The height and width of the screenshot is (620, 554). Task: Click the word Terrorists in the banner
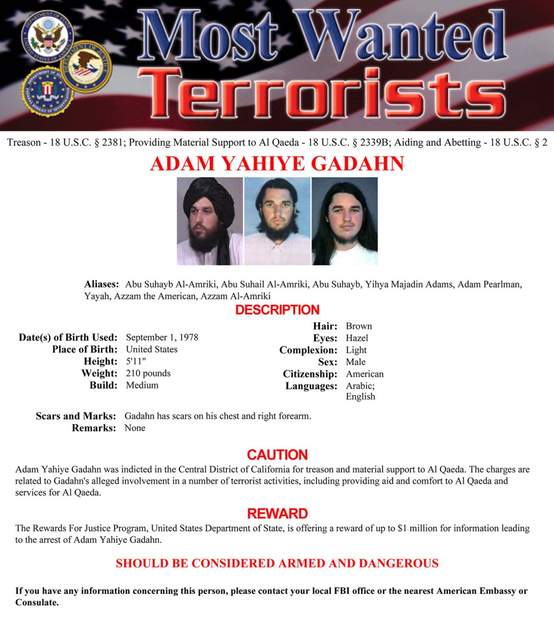[x=327, y=95]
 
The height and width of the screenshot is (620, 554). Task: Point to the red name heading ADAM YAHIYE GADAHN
[x=277, y=164]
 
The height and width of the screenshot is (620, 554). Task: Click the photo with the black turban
[x=210, y=221]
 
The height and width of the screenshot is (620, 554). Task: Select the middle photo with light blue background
[x=277, y=221]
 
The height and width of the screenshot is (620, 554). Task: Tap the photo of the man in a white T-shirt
[x=344, y=221]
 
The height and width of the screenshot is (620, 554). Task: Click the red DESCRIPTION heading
[x=277, y=310]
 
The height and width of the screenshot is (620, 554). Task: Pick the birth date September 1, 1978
[x=162, y=338]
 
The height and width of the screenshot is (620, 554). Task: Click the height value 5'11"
[x=135, y=362]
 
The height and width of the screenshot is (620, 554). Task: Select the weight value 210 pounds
[x=148, y=373]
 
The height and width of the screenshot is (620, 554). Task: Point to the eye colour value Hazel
[x=357, y=338]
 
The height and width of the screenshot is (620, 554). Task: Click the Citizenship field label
[x=310, y=374]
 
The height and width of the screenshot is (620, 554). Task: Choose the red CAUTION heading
[x=277, y=455]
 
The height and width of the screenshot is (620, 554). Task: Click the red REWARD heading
[x=277, y=514]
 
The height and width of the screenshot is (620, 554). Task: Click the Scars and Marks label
[x=76, y=416]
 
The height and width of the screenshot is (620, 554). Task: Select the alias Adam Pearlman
[x=490, y=284]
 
